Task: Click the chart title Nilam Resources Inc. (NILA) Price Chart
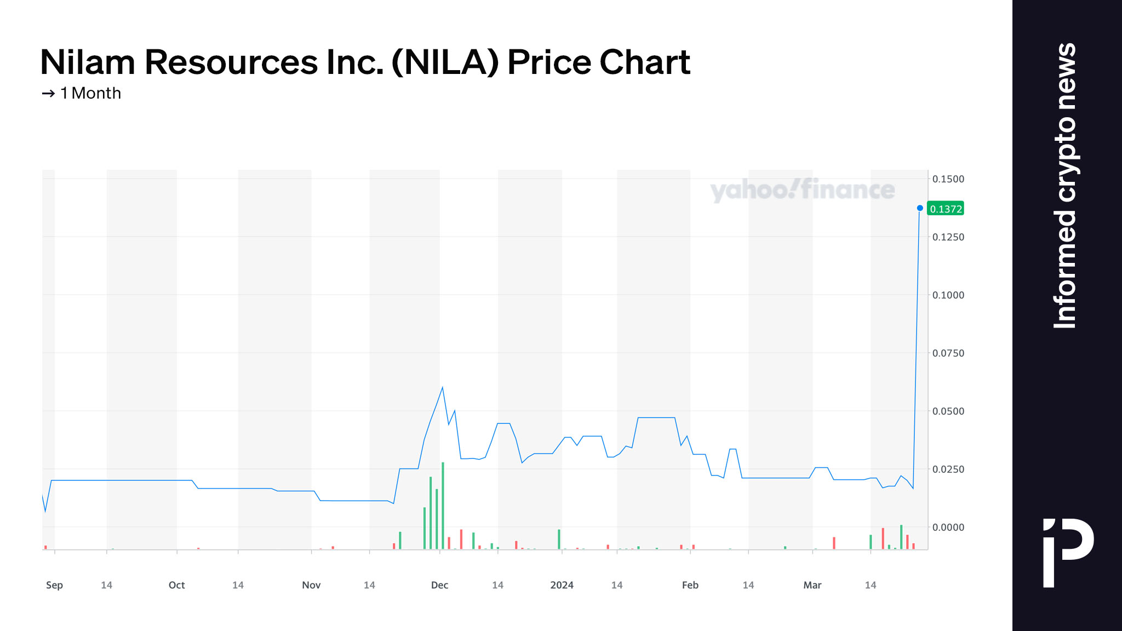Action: tap(365, 62)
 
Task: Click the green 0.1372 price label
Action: tap(946, 209)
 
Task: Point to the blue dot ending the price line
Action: tap(920, 208)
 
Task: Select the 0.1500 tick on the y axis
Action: tap(948, 179)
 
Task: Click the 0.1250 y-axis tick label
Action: tap(948, 237)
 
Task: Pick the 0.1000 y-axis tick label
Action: tap(948, 295)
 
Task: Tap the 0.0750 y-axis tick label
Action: tap(948, 353)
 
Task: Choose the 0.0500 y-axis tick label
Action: tap(948, 411)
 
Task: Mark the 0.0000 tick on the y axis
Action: tap(948, 527)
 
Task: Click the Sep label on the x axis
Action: tap(54, 585)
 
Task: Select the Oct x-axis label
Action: tap(176, 585)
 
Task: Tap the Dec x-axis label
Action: tap(439, 585)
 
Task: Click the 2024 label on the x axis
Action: tap(562, 585)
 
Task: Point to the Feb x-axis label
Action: tap(690, 585)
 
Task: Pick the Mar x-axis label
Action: tap(812, 585)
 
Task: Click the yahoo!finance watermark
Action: tap(802, 190)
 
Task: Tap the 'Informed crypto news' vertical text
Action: tap(1065, 186)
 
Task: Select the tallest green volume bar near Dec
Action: tap(443, 505)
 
